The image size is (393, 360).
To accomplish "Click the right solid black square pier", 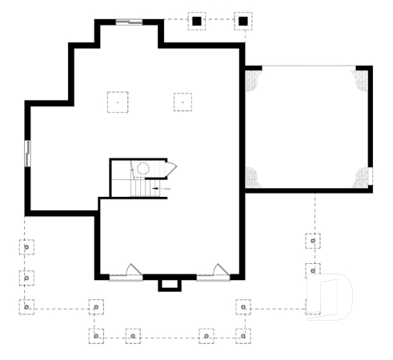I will tap(243, 21).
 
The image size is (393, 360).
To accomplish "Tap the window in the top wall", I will tap(129, 22).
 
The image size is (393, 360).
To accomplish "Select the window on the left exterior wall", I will tap(26, 154).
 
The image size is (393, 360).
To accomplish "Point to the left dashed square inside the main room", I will tap(118, 102).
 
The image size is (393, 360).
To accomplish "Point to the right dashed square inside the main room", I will tap(183, 102).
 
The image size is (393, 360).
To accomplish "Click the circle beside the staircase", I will tap(143, 168).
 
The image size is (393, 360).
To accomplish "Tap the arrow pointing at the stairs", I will tap(155, 188).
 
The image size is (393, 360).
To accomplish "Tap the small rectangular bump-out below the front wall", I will tap(169, 285).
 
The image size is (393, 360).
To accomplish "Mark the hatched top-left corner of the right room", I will tap(252, 77).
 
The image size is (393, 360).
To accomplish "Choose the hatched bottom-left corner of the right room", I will tap(253, 177).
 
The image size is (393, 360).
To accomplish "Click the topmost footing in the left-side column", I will tap(26, 246).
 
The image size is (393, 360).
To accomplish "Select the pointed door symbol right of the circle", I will tap(170, 168).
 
